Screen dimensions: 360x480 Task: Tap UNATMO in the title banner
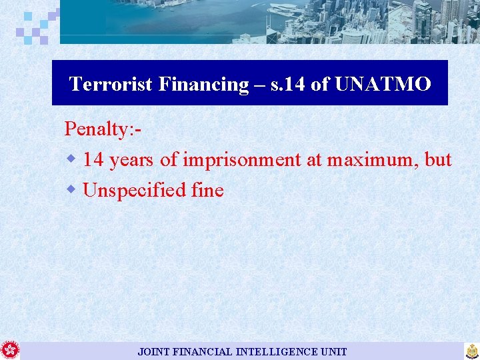pos(383,84)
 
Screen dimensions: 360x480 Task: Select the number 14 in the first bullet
pos(93,160)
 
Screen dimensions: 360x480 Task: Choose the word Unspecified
pos(134,191)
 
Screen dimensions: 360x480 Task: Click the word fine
pos(207,191)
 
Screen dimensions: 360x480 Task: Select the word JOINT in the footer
pos(154,351)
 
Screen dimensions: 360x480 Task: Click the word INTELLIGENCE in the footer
pos(278,351)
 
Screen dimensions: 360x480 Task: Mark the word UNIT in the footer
pos(334,351)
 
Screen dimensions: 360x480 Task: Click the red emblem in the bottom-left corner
pos(10,350)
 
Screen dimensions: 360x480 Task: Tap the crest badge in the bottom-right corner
pos(472,351)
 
